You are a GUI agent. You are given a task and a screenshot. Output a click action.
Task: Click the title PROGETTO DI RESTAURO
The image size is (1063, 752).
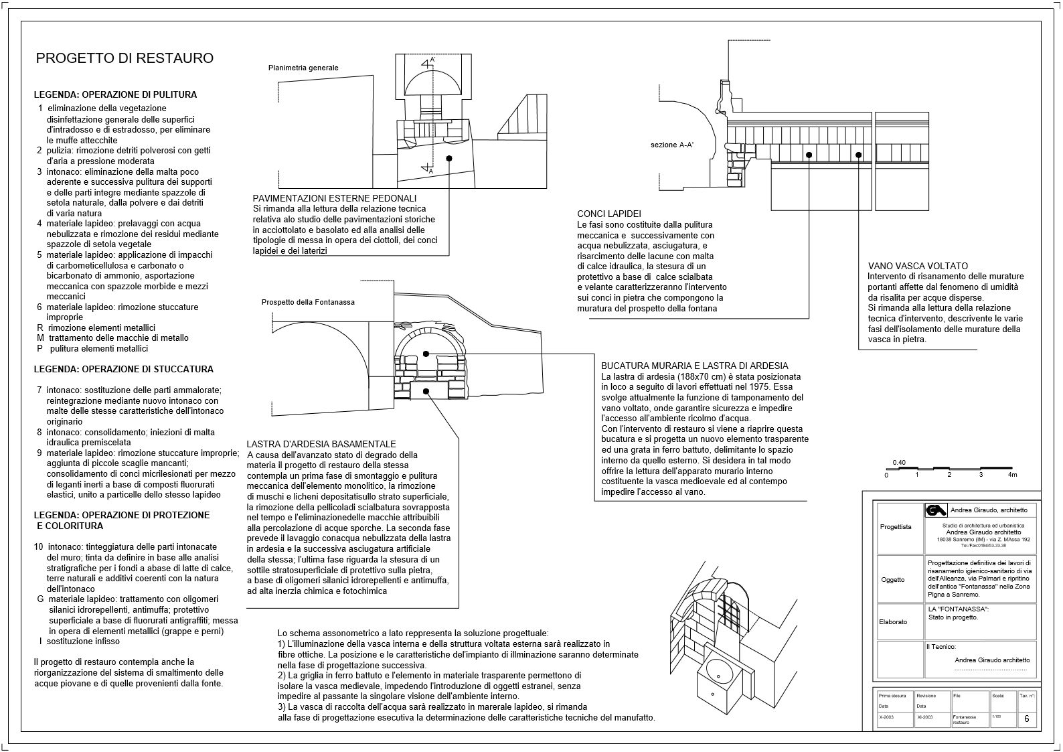tap(125, 58)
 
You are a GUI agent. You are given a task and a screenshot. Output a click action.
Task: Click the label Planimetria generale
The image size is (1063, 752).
tap(303, 68)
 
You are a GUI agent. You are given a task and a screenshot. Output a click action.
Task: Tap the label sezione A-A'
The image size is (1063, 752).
tap(672, 145)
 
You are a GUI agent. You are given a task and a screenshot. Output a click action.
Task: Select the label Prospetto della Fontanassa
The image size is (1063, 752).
tap(308, 302)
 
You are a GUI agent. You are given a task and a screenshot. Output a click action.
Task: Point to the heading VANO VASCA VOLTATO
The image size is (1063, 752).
tap(917, 266)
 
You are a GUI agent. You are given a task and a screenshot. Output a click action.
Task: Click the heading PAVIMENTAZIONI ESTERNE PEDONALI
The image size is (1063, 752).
tap(335, 198)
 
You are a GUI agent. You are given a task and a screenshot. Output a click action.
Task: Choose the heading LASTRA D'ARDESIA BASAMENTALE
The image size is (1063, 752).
tap(321, 444)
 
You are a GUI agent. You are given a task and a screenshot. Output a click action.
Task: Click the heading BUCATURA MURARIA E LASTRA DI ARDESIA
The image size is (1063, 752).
tap(694, 366)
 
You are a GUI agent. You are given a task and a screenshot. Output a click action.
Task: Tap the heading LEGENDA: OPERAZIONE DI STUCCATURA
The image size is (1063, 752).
tap(124, 369)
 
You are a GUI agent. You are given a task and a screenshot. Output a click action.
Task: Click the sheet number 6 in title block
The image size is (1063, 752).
tap(1027, 719)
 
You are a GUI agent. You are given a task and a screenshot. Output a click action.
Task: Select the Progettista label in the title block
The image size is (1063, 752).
tap(896, 527)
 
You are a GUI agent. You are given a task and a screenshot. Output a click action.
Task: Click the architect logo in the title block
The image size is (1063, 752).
tap(935, 510)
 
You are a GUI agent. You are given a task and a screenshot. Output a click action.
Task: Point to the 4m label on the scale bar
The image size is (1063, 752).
tap(1012, 475)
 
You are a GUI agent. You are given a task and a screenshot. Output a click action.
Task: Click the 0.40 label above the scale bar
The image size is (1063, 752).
tap(899, 463)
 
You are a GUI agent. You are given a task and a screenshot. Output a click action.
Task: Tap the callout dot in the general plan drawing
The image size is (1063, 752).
tap(449, 158)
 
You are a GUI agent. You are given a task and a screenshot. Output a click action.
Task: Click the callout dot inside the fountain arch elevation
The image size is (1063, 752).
tap(426, 354)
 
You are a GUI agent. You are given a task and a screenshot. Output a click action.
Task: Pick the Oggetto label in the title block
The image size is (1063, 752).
tap(892, 580)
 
